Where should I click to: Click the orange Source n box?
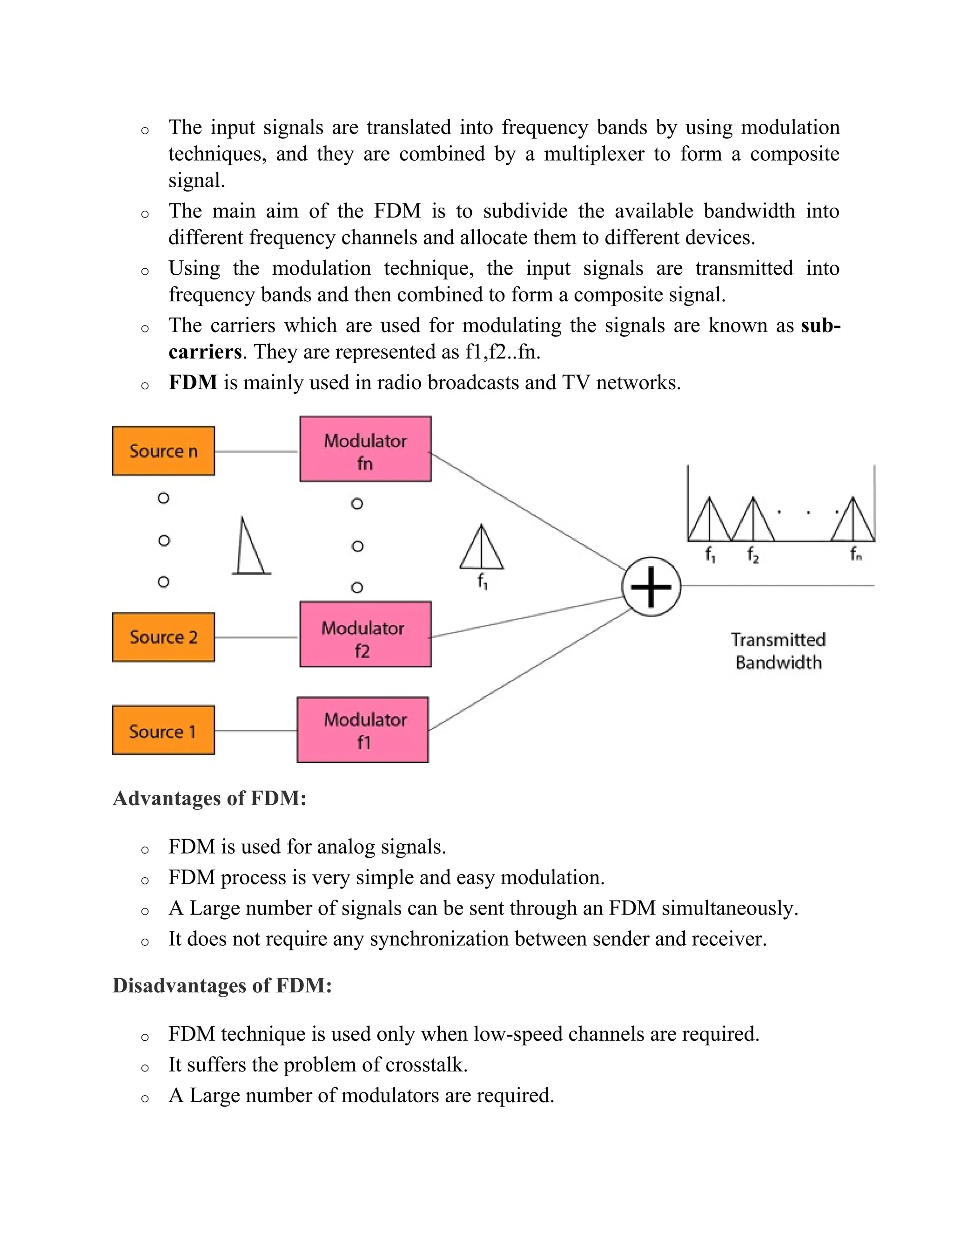pyautogui.click(x=163, y=451)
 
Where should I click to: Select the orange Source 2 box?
pyautogui.click(x=163, y=637)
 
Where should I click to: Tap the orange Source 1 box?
pyautogui.click(x=163, y=730)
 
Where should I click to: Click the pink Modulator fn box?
pyautogui.click(x=365, y=449)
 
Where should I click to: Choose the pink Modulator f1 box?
pyautogui.click(x=362, y=729)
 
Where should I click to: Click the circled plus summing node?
pyautogui.click(x=651, y=586)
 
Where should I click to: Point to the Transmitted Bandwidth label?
pyautogui.click(x=778, y=651)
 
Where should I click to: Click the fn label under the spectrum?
pyautogui.click(x=856, y=555)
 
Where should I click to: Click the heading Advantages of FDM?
pyautogui.click(x=209, y=798)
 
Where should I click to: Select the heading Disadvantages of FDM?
pyautogui.click(x=222, y=985)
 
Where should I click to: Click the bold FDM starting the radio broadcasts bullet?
pyautogui.click(x=193, y=382)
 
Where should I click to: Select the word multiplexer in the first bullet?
pyautogui.click(x=594, y=154)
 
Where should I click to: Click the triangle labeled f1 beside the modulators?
pyautogui.click(x=482, y=549)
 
